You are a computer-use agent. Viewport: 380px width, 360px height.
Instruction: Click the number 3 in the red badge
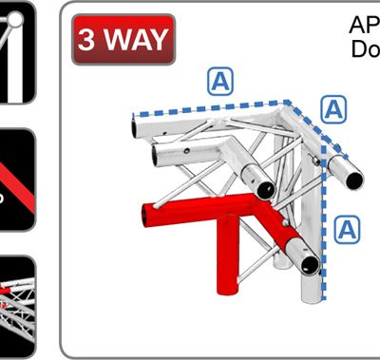pos(88,41)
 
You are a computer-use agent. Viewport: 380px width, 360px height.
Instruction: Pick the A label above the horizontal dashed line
pos(220,83)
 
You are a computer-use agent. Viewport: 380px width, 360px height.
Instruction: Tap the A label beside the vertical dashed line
pos(349,228)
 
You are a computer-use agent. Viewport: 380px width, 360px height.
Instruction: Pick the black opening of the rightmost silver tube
pos(351,178)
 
